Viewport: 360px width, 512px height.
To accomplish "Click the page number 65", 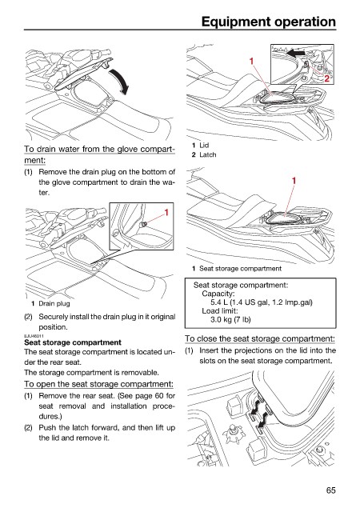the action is (330, 490).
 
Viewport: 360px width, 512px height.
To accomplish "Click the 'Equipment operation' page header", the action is (269, 22).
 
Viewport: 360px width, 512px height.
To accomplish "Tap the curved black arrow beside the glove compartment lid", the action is (119, 81).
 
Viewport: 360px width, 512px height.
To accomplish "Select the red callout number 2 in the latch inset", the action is (326, 78).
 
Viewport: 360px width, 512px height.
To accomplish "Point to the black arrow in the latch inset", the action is (296, 53).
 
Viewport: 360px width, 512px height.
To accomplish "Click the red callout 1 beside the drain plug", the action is (166, 213).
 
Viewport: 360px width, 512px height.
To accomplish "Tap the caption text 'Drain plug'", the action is (54, 303).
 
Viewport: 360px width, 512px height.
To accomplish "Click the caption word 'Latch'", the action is (208, 154).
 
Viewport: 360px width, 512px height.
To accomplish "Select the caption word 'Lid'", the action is (204, 145).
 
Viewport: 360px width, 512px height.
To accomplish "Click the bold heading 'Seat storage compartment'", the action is (73, 342).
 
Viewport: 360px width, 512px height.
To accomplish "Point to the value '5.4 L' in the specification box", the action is (219, 302).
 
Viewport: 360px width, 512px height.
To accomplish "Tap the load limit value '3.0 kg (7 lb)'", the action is (230, 319).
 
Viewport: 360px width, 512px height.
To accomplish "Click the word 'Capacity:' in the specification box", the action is (218, 294).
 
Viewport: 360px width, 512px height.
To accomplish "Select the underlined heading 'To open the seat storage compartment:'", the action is (98, 384).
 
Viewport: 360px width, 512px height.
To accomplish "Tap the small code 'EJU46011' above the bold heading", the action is (34, 336).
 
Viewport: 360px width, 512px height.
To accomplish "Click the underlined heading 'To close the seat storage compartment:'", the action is (260, 338).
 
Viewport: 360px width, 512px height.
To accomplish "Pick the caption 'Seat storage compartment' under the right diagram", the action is (240, 269).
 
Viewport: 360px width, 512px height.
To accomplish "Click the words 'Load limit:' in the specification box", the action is (220, 311).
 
